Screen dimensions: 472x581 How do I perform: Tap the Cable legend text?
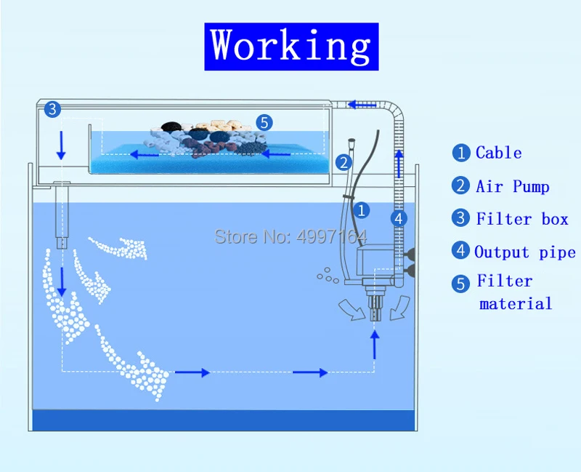click(x=498, y=153)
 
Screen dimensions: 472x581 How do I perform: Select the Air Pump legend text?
click(x=512, y=186)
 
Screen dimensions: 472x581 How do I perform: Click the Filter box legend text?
click(x=521, y=219)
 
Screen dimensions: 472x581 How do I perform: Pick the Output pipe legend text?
click(x=524, y=252)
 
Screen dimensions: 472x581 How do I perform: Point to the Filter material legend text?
click(x=514, y=292)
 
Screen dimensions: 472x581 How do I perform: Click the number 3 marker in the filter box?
click(x=52, y=111)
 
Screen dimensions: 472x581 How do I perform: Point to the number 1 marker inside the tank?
click(x=362, y=210)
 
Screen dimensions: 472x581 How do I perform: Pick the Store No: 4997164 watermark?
click(x=290, y=236)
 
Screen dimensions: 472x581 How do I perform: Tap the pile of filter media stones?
click(x=211, y=137)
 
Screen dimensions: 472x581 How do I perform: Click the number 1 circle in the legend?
click(x=461, y=153)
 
